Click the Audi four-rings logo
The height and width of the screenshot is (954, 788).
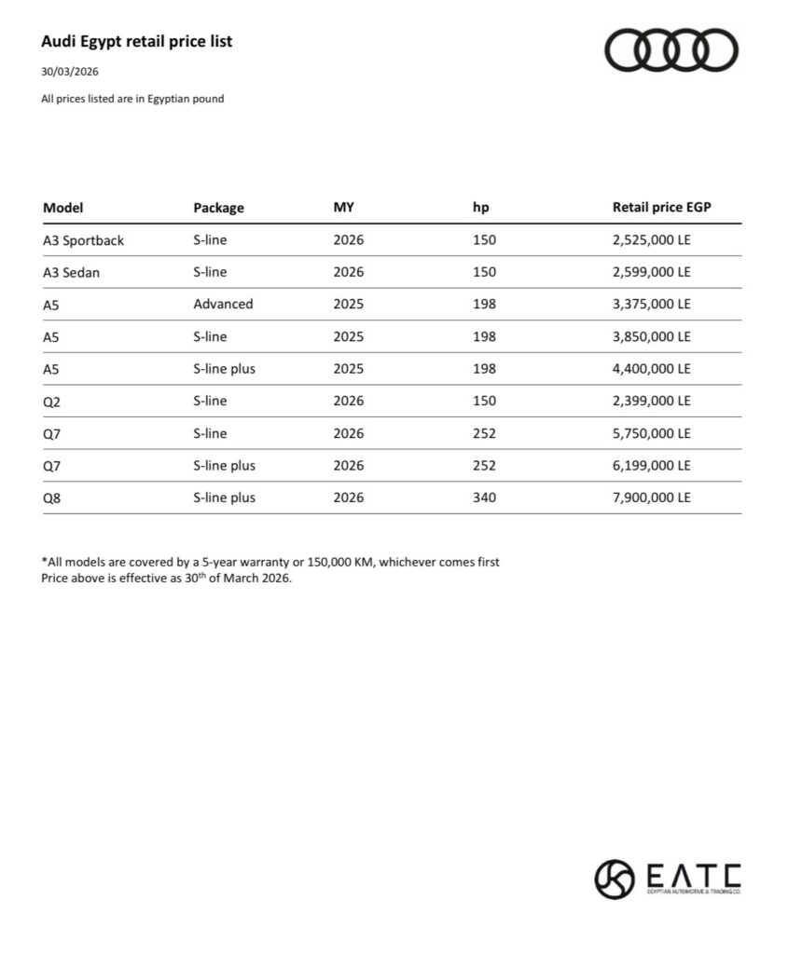(671, 49)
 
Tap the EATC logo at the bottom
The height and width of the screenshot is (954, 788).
(668, 878)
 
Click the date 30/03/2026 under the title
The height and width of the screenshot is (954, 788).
(70, 72)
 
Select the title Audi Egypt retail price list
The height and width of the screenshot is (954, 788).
(136, 42)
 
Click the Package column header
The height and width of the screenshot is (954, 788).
(218, 208)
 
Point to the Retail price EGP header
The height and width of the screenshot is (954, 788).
(661, 208)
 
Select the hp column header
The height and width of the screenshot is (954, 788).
(481, 208)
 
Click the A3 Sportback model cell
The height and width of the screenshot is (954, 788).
(83, 240)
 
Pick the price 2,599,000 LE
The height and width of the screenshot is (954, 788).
(651, 272)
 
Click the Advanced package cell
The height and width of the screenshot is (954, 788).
(223, 304)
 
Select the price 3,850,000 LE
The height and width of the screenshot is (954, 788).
(651, 336)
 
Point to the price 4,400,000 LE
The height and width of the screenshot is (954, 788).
(651, 369)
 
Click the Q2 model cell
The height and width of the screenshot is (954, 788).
(52, 401)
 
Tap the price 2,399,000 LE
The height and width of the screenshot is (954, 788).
(651, 401)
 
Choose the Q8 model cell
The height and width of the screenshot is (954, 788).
(52, 497)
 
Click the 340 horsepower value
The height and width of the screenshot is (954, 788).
(484, 497)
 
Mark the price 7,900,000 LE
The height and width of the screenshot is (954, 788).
(651, 497)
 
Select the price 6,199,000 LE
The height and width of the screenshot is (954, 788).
(651, 465)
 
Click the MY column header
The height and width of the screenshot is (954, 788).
(343, 208)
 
